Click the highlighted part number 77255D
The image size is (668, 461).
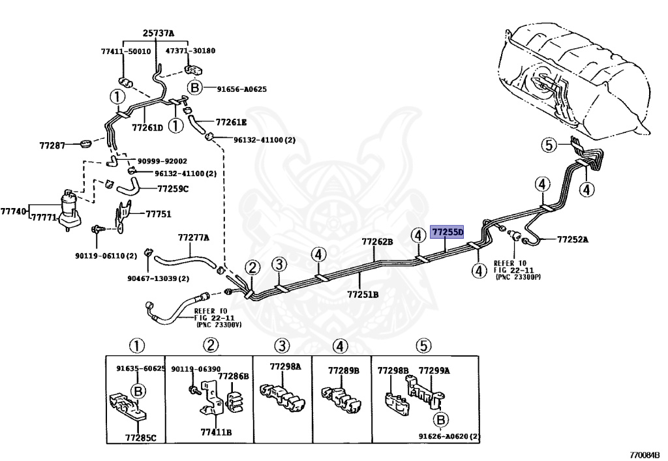(447, 232)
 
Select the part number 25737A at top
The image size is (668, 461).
(159, 33)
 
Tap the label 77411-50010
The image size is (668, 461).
(126, 52)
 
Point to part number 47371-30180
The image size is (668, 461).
(190, 51)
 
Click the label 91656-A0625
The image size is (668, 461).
(241, 89)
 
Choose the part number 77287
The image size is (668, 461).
(52, 145)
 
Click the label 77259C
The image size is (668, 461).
(172, 188)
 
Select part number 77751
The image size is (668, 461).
(159, 214)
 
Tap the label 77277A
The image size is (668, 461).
(194, 237)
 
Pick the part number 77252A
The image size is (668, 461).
(573, 240)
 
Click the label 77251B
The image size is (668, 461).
(363, 294)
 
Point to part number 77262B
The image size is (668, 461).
(378, 241)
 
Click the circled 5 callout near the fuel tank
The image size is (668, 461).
(549, 145)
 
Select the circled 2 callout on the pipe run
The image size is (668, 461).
(252, 268)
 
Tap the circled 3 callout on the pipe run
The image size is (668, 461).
(279, 264)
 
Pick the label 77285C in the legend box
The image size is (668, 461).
(141, 437)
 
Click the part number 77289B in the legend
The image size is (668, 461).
(343, 371)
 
